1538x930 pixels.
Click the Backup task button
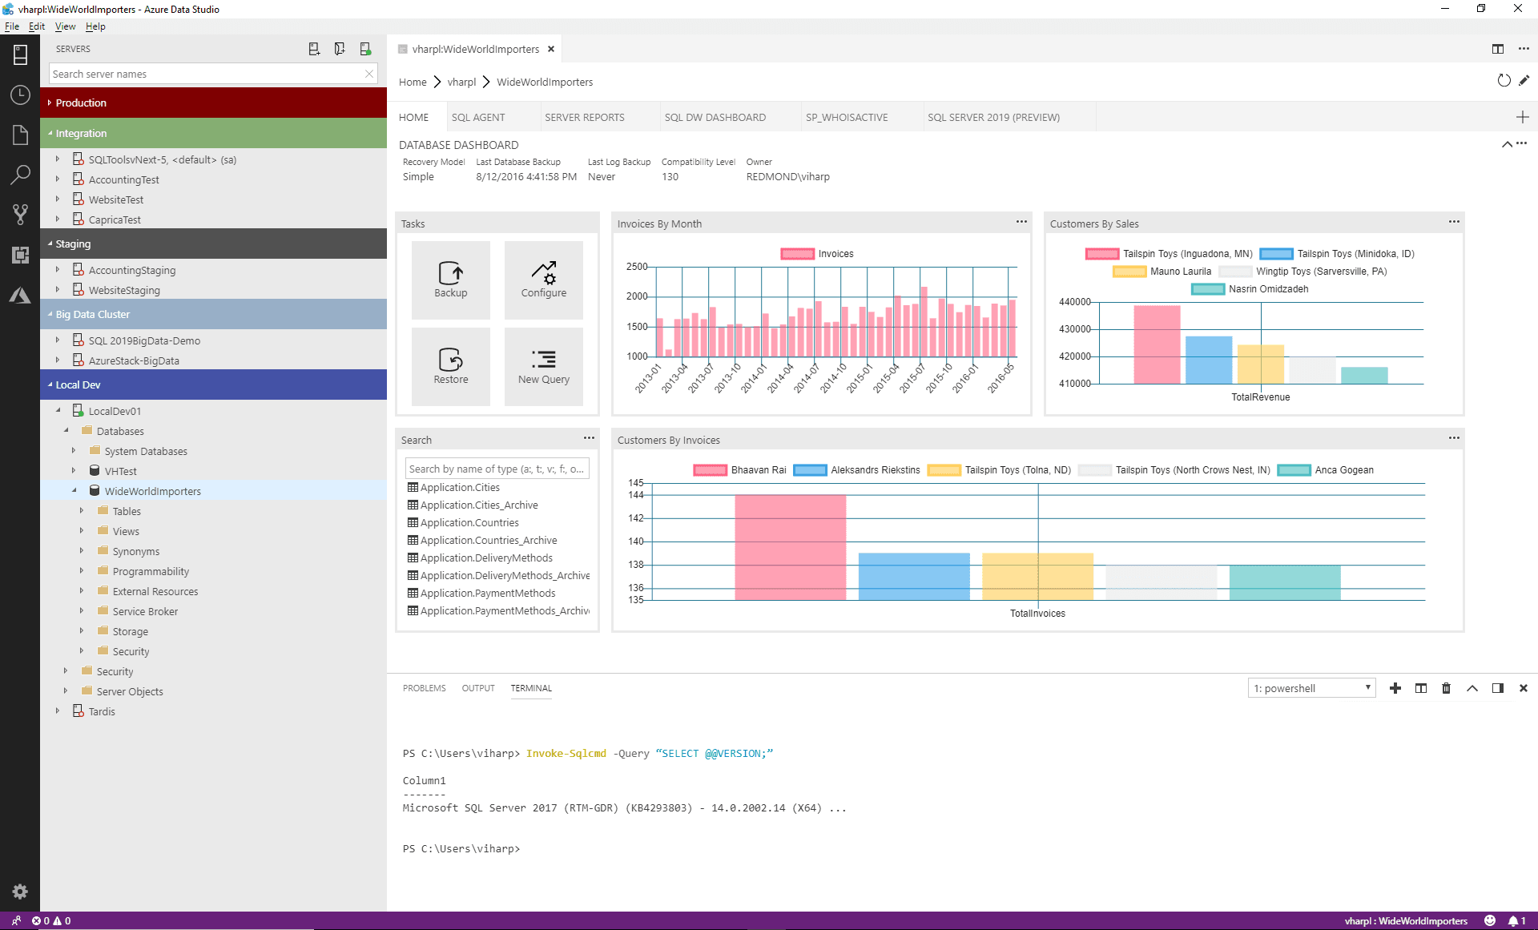[x=450, y=280]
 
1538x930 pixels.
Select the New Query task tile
[x=543, y=367]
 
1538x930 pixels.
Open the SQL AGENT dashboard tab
[x=477, y=117]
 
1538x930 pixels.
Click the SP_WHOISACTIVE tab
[x=846, y=117]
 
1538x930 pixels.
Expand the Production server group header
[x=81, y=103]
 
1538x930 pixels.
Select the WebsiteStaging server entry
[x=124, y=290]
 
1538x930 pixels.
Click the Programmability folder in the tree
[x=151, y=571]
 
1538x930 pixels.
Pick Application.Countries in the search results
[x=469, y=522]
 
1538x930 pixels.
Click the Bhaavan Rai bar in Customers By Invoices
[x=790, y=547]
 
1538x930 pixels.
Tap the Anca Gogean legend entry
[x=1343, y=470]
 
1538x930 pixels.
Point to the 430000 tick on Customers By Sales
[x=1074, y=329]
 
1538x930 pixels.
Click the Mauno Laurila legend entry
[x=1179, y=272]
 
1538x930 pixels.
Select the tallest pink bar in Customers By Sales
[x=1156, y=344]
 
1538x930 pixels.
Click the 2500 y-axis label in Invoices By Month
[x=637, y=267]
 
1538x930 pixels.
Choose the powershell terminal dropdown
[x=1311, y=688]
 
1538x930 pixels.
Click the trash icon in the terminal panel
[x=1446, y=688]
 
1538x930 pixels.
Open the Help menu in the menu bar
[x=95, y=26]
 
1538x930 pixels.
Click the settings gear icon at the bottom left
[x=20, y=892]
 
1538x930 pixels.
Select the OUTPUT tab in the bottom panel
[x=477, y=688]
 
